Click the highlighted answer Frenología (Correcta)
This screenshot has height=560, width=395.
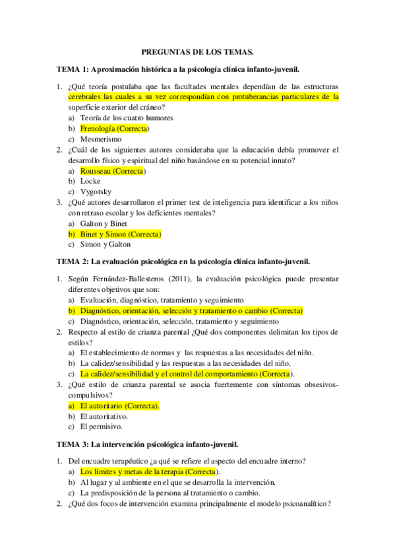click(x=114, y=129)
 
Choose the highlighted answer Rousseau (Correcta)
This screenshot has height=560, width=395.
click(x=111, y=170)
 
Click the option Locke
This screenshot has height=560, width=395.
click(x=90, y=181)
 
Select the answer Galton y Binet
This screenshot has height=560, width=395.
click(x=104, y=223)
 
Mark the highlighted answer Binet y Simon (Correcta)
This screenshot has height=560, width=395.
click(x=120, y=234)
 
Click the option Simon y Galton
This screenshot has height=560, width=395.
click(x=104, y=244)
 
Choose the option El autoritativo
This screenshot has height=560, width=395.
click(x=104, y=416)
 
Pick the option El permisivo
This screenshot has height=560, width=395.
click(x=101, y=427)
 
